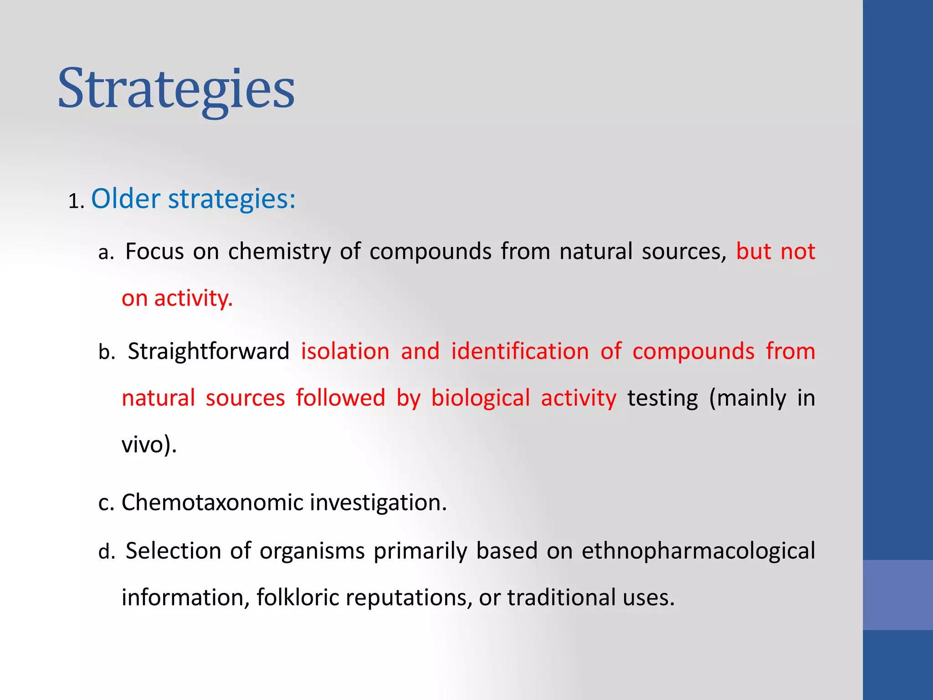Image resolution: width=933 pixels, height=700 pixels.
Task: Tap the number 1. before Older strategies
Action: [76, 201]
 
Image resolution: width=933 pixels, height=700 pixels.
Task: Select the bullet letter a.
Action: [106, 252]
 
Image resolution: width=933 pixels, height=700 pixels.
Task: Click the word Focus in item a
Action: [154, 251]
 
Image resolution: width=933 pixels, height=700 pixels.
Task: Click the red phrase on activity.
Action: [177, 299]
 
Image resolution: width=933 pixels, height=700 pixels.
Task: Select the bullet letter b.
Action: [106, 352]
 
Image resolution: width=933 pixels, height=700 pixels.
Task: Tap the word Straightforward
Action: [208, 351]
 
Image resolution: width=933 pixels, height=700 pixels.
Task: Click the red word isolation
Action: [345, 351]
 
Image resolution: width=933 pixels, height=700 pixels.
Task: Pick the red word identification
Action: [520, 351]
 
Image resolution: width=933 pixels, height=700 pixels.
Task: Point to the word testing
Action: [662, 398]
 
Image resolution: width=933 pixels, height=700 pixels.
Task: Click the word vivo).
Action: [149, 444]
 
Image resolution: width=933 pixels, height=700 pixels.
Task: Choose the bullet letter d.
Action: [106, 552]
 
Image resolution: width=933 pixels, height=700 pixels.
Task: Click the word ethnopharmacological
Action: [698, 551]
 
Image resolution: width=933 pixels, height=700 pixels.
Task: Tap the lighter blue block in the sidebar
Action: [897, 595]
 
